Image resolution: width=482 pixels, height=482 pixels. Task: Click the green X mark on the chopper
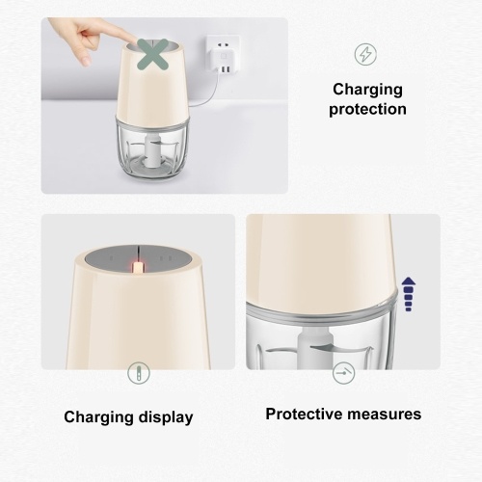pos(153,55)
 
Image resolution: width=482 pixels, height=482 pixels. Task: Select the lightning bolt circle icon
pos(365,54)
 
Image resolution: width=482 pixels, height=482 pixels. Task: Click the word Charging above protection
pos(367,90)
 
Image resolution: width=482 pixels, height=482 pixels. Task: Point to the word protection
pos(367,110)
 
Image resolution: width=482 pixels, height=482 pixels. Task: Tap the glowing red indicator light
pos(138,267)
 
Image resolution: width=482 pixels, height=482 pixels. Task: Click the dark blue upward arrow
pos(409,294)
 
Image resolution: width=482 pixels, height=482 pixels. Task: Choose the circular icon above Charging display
pos(139,373)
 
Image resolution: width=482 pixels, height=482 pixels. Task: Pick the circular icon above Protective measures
pos(343,373)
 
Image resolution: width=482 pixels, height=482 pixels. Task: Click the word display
pos(166,417)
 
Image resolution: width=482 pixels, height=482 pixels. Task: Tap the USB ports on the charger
pos(226,69)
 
